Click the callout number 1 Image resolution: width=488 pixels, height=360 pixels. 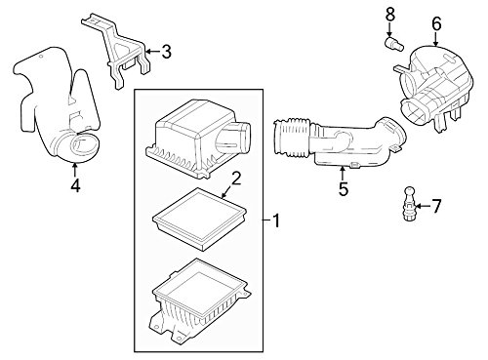(x=276, y=220)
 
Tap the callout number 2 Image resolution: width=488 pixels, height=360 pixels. (x=236, y=179)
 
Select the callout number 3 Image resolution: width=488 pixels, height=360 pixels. (x=166, y=52)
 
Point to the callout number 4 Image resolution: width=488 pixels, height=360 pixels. (x=75, y=185)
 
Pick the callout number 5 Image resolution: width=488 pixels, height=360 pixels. (x=344, y=189)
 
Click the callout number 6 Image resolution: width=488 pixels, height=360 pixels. (x=436, y=24)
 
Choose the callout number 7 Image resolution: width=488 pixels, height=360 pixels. (x=436, y=206)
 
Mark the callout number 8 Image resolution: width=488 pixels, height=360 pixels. (x=390, y=15)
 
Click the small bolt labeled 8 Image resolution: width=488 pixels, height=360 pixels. (x=394, y=44)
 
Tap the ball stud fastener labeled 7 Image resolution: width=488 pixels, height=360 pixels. (x=409, y=204)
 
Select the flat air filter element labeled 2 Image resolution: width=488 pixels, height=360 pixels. (x=199, y=219)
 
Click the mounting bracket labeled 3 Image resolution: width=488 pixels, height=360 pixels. (x=116, y=51)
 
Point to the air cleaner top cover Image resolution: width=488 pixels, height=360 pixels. (x=197, y=139)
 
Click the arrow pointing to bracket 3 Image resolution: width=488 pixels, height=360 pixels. (x=153, y=52)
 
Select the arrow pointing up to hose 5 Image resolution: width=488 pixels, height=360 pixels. (x=342, y=173)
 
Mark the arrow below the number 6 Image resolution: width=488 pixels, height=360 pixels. (x=435, y=39)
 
